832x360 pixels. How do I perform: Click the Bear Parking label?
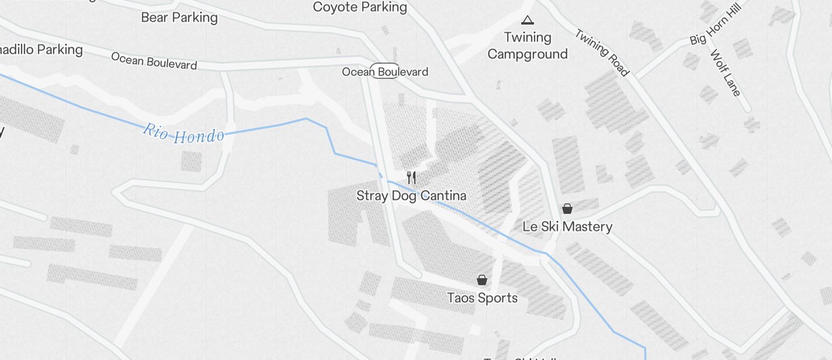point(179,18)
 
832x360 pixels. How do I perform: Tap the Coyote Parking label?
point(360,7)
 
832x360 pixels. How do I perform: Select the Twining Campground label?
point(528,46)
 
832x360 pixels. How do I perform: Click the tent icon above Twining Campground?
point(528,20)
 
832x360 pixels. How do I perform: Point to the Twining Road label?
point(602,53)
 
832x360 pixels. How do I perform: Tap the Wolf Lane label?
point(726,73)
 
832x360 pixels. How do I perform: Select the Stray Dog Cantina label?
point(411,196)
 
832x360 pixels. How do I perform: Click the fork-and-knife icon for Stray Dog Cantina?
point(411,178)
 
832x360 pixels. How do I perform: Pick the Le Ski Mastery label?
point(567,227)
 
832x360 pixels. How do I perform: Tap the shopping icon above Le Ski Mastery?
point(567,208)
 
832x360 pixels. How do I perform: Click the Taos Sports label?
point(482,298)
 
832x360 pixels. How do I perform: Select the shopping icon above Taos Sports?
point(482,280)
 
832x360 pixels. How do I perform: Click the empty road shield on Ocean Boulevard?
point(385,68)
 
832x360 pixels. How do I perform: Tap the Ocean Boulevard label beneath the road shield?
point(385,72)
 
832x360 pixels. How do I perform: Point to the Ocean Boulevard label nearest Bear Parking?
point(154,60)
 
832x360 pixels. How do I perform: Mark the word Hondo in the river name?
point(200,136)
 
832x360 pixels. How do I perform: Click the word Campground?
point(528,54)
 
